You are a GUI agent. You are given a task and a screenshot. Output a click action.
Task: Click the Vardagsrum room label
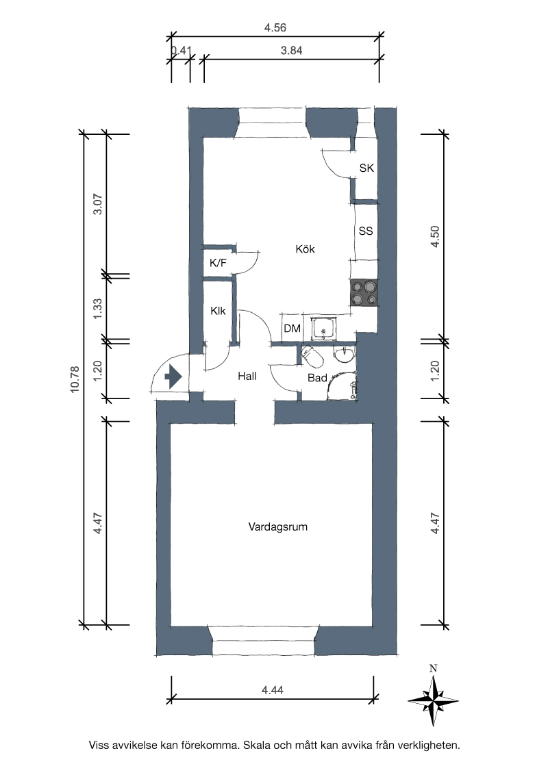(278, 527)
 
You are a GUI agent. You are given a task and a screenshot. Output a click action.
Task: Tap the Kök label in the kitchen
(305, 249)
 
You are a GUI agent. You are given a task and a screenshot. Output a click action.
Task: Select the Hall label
(247, 376)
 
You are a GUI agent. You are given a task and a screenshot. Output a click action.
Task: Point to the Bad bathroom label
(317, 378)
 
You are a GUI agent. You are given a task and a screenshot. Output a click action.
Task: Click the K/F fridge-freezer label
(218, 263)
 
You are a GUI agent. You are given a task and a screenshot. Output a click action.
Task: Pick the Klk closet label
(218, 311)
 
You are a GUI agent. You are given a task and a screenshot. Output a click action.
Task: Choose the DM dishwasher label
(292, 329)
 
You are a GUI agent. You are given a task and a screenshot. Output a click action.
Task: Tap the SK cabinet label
(366, 168)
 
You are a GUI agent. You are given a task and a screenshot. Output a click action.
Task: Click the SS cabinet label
(366, 231)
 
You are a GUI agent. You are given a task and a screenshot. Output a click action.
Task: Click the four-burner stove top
(364, 292)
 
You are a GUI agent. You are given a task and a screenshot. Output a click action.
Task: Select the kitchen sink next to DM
(324, 328)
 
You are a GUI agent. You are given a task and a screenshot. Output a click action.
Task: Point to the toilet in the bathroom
(312, 357)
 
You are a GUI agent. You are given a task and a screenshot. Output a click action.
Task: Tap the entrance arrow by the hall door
(173, 377)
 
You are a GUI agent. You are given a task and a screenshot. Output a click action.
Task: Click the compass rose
(433, 700)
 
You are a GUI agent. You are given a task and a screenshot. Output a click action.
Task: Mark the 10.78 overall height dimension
(75, 379)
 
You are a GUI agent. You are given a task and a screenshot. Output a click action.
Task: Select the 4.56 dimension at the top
(275, 27)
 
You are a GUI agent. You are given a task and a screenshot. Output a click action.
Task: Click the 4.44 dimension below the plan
(273, 690)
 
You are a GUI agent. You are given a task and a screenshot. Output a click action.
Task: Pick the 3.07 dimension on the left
(98, 203)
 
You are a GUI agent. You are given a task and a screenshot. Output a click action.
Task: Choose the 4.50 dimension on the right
(435, 236)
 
